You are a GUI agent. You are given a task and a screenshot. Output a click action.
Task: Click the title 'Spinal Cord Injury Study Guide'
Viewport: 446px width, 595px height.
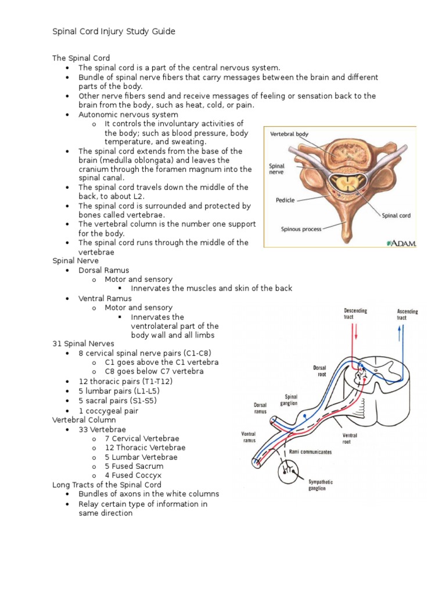pyautogui.click(x=114, y=31)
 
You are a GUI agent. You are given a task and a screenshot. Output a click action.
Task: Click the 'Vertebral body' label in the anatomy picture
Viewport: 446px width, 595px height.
pyautogui.click(x=289, y=134)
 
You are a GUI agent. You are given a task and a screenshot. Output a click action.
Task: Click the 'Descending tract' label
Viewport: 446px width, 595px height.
pyautogui.click(x=355, y=314)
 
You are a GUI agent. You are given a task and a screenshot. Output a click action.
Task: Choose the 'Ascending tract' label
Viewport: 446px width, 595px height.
pyautogui.click(x=407, y=314)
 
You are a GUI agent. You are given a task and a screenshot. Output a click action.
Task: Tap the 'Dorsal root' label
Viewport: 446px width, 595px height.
pyautogui.click(x=321, y=371)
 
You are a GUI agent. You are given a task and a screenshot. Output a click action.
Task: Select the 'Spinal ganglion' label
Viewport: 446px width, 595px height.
pyautogui.click(x=291, y=400)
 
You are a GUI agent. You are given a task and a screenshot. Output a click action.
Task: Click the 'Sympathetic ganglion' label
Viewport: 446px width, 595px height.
pyautogui.click(x=320, y=485)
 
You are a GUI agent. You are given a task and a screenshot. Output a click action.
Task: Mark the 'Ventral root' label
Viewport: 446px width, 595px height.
pyautogui.click(x=350, y=438)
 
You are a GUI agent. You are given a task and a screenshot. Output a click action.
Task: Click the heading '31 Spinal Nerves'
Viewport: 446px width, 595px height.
pyautogui.click(x=84, y=344)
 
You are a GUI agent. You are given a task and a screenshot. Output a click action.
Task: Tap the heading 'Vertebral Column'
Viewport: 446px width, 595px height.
pyautogui.click(x=84, y=420)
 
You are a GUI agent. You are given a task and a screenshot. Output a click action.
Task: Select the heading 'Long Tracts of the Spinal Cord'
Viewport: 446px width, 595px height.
pyautogui.click(x=107, y=485)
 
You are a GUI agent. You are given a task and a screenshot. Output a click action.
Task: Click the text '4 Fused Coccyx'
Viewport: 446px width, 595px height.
pyautogui.click(x=132, y=475)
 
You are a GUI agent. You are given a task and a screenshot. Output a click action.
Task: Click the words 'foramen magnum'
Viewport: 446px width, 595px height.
pyautogui.click(x=200, y=169)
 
